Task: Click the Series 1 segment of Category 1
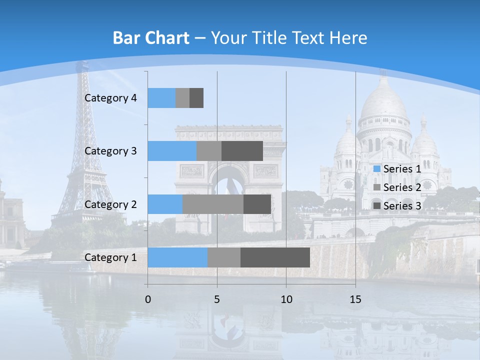click(x=177, y=257)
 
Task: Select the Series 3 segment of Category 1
click(x=275, y=257)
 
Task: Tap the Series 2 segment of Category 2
click(x=213, y=204)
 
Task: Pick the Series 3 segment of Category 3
click(x=242, y=151)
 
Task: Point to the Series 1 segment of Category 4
click(x=161, y=98)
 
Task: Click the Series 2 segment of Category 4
click(x=182, y=98)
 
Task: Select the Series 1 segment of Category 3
click(x=172, y=151)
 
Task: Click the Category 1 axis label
click(x=110, y=257)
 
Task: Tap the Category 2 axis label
click(x=110, y=204)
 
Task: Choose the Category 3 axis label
click(x=110, y=151)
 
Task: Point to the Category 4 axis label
click(x=110, y=98)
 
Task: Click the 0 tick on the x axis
click(x=148, y=299)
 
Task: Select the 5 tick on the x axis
click(x=217, y=299)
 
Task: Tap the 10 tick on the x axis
click(x=286, y=299)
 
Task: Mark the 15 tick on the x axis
click(x=355, y=299)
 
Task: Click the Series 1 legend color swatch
click(x=376, y=169)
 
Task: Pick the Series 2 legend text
click(x=402, y=187)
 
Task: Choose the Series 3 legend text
click(x=402, y=205)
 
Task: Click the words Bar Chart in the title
click(x=151, y=38)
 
